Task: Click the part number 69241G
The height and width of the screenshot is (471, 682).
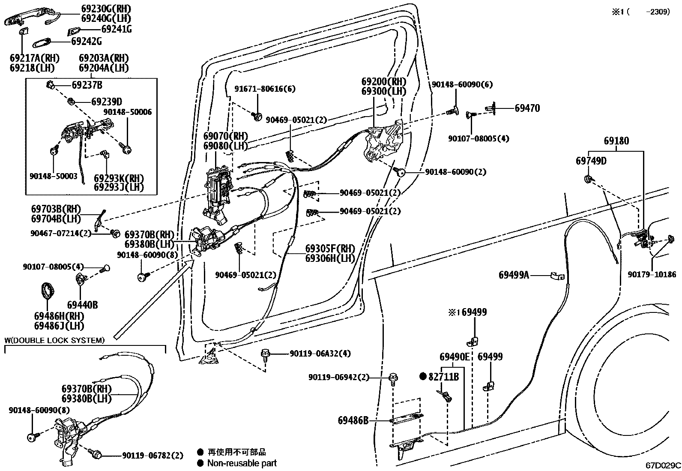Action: pos(116,29)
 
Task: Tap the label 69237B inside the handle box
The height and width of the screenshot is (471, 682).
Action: pos(87,85)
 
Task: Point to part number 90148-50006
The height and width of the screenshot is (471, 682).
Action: pos(127,112)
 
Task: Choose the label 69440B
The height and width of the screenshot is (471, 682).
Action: pos(82,305)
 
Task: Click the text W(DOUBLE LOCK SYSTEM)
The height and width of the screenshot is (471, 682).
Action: pos(54,340)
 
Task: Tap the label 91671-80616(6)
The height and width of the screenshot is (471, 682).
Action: pos(265,89)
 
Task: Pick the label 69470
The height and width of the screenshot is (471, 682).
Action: pos(527,108)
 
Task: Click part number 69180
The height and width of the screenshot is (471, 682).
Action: pos(616,141)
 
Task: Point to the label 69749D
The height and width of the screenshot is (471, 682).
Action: pos(591,161)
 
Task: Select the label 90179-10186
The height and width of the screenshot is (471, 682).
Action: pos(652,274)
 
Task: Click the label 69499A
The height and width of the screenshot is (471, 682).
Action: pos(514,275)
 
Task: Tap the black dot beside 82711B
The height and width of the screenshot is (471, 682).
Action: pos(423,377)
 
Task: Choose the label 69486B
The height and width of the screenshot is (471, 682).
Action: pos(353,420)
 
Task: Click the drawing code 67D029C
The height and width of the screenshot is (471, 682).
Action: pos(664,465)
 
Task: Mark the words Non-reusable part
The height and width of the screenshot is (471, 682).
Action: pos(242,463)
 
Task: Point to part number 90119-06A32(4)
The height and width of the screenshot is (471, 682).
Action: pos(320,354)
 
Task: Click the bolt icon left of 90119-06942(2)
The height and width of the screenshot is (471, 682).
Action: pos(393,378)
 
